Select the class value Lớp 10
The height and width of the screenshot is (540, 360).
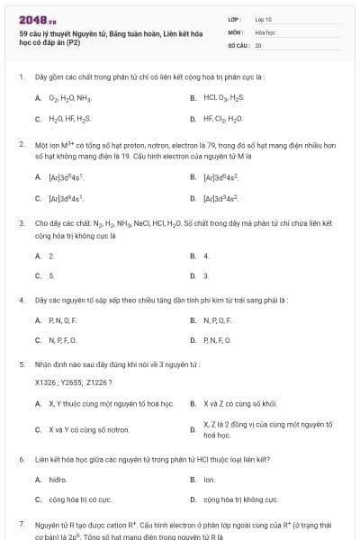coord(264,18)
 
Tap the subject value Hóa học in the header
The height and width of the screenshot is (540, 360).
coord(265,31)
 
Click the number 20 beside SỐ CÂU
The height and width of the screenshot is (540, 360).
coord(258,45)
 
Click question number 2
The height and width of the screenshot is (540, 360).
coord(22,144)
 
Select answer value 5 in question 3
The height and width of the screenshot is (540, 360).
coord(51,275)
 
